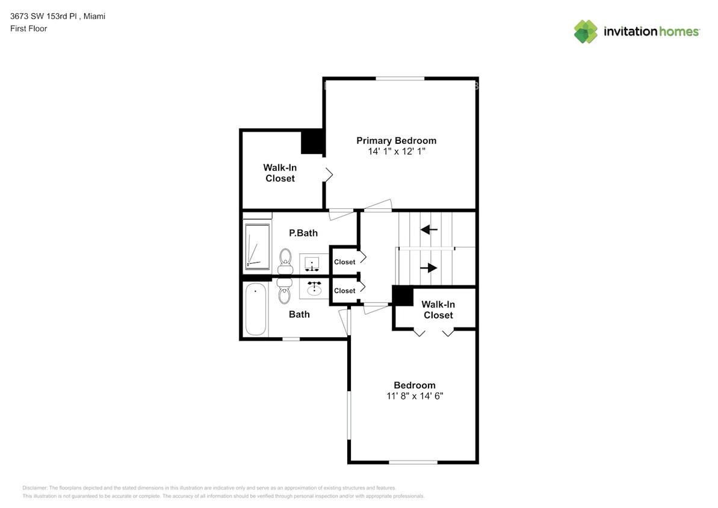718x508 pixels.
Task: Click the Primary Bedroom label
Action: [396, 140]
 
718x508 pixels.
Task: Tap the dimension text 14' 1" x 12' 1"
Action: [396, 152]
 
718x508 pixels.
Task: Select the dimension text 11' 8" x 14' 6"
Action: [414, 396]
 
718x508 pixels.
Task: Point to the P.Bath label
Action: [303, 233]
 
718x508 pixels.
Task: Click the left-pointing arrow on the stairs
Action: [429, 229]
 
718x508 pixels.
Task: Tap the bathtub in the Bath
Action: [256, 309]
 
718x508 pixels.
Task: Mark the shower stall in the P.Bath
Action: [258, 246]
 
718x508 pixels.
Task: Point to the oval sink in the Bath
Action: [314, 290]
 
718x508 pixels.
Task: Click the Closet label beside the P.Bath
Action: [345, 262]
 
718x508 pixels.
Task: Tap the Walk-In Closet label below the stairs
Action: [438, 309]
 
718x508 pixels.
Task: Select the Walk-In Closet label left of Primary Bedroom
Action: [280, 173]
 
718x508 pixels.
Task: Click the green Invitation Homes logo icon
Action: [586, 31]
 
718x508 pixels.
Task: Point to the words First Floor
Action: [28, 28]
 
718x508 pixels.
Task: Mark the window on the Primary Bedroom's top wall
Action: [400, 78]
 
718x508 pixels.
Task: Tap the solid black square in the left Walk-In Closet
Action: [312, 142]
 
